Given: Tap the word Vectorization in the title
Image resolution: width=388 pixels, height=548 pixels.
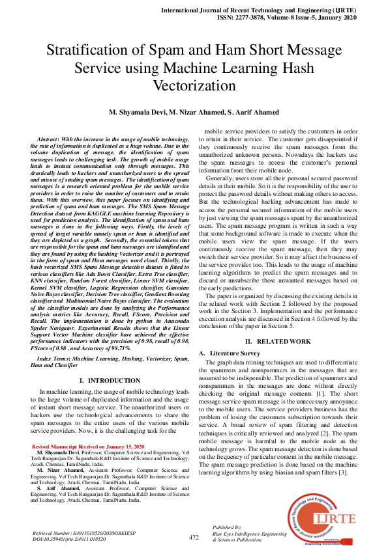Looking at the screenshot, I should pos(194,85).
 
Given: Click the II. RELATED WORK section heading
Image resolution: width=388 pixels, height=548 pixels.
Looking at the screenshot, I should pos(277,341).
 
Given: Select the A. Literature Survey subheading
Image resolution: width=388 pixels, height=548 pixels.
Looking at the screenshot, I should pos(230,352).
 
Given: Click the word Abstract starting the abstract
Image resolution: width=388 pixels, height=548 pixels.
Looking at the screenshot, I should pos(49,139).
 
